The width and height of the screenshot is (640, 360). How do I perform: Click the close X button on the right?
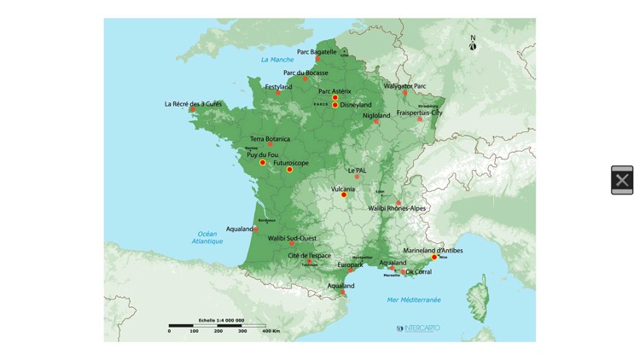coord(622,180)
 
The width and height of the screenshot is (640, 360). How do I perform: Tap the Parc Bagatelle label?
coord(317,52)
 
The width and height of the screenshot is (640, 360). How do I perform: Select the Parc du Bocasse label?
coord(305,73)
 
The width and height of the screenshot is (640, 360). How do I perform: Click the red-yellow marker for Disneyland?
coord(336,105)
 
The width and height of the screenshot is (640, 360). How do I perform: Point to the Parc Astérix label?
coord(335,91)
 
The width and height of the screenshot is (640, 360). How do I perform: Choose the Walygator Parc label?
coord(404,86)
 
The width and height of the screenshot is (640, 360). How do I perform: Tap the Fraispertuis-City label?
coord(419,113)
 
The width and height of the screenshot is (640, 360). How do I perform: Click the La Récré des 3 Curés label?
coord(193,104)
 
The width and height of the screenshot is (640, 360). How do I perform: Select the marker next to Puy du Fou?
coord(263,163)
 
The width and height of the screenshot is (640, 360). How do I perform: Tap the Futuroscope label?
coord(291,163)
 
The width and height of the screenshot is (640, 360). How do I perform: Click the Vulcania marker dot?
coord(344,195)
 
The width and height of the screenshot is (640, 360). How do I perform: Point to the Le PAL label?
coord(357,171)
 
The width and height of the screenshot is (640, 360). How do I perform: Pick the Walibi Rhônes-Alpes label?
coord(397,208)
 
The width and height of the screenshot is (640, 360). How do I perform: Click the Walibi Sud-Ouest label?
coord(292,239)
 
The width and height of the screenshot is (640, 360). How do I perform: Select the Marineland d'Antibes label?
coord(433,250)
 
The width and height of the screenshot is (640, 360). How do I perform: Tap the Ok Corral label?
coord(418,272)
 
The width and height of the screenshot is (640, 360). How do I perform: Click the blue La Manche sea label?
coord(277,60)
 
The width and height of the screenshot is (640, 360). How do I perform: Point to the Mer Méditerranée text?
coord(414,299)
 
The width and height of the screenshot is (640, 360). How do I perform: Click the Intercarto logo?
coord(419,328)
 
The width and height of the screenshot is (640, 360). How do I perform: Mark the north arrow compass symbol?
coord(473,44)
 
